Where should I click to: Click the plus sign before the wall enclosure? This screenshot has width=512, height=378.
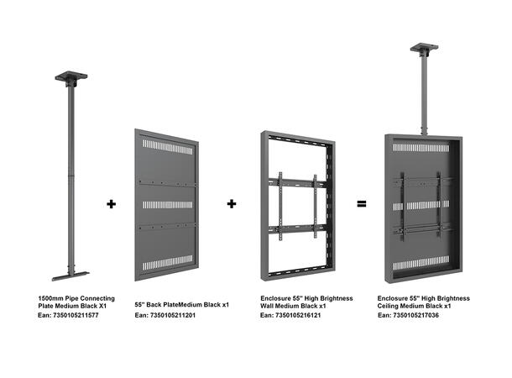pos(232,203)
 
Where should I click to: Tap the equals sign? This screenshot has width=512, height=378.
pos(361,203)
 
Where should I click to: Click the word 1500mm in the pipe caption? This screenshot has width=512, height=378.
pos(53,298)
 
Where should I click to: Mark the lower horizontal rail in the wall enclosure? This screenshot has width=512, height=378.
pos(295,229)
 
